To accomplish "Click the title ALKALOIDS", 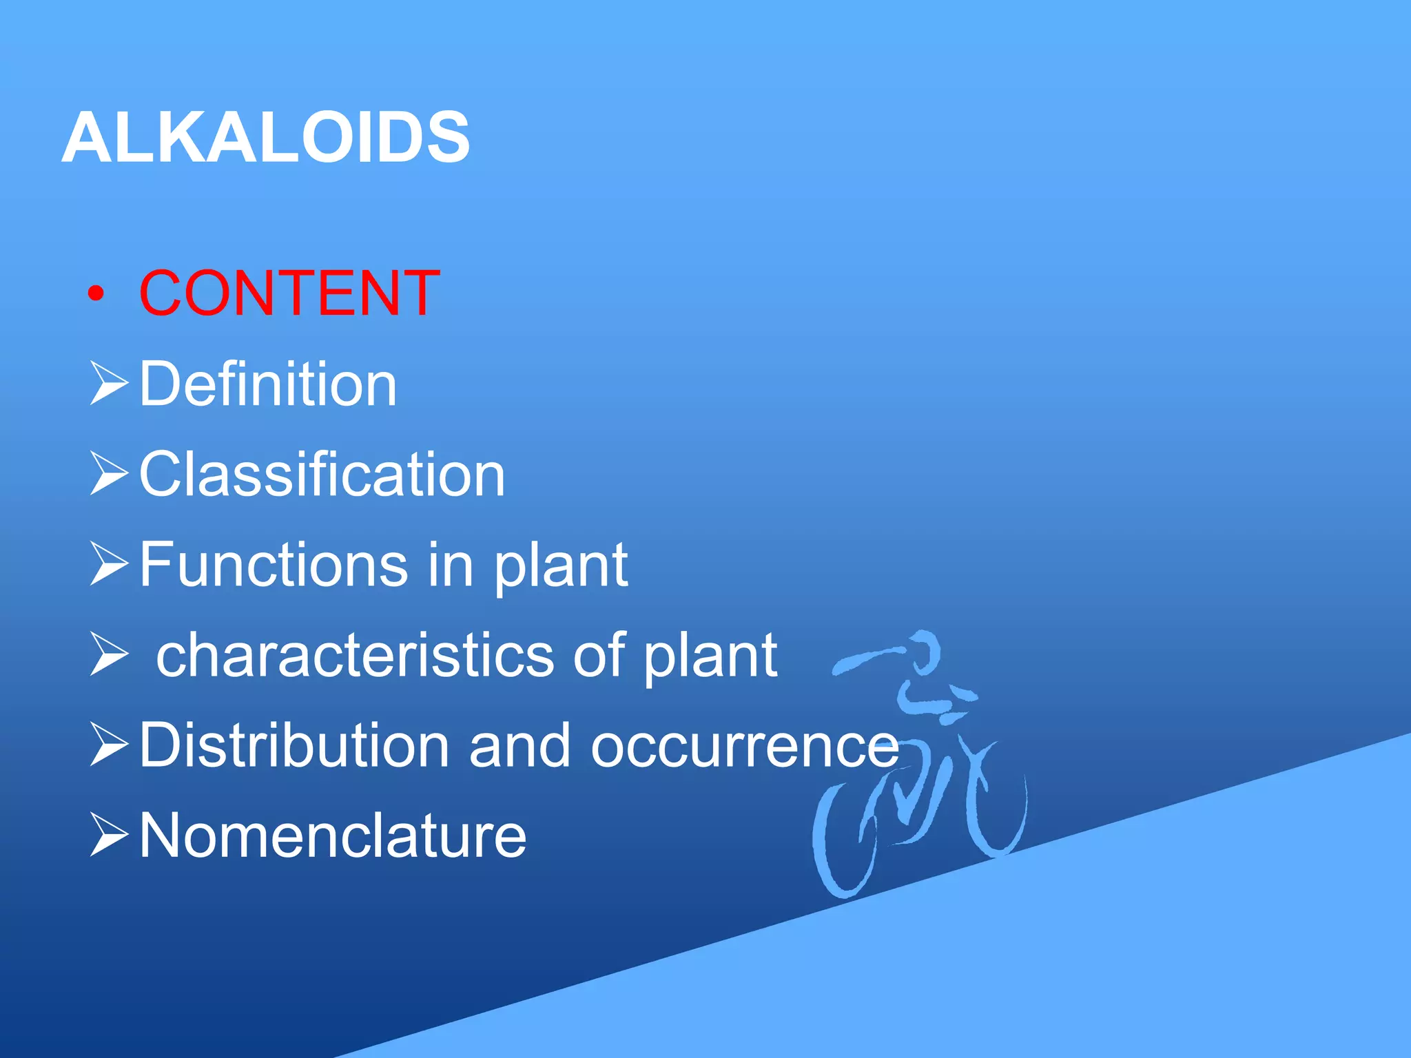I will (266, 138).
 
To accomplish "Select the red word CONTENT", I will (289, 294).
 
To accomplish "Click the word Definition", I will (268, 384).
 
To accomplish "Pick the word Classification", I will (322, 475).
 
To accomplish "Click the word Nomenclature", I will (333, 836).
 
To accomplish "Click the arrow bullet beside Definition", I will (109, 385).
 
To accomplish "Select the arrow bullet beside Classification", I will (109, 475).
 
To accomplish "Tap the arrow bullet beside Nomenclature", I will (109, 836).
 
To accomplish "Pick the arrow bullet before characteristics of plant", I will (109, 656).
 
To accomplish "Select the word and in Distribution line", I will (519, 745).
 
